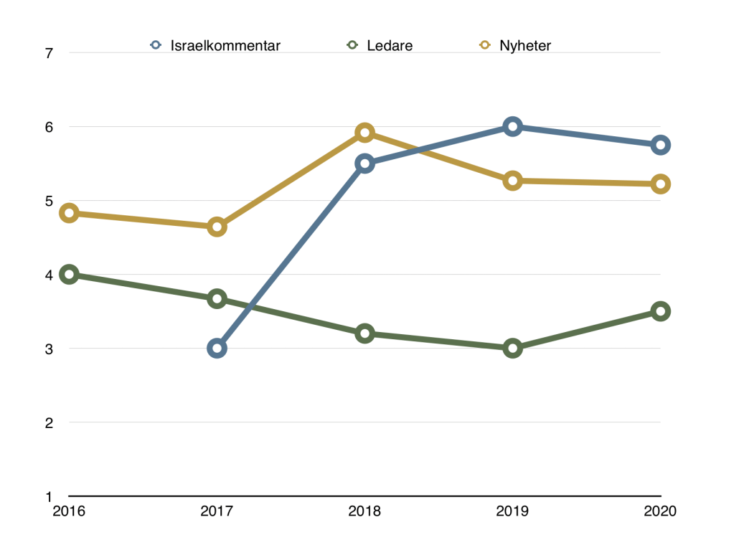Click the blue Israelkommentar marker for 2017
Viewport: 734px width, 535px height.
point(217,349)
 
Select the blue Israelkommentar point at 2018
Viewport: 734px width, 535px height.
point(364,164)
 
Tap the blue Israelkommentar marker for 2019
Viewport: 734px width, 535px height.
point(512,127)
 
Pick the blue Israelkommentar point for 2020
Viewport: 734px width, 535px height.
point(660,145)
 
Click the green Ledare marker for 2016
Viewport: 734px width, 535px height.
point(69,275)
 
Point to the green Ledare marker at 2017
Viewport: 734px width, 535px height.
point(217,299)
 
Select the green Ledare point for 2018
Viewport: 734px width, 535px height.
point(364,333)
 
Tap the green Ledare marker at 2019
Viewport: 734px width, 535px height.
point(512,349)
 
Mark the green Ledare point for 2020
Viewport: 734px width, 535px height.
point(660,311)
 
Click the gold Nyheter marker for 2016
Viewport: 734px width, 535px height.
point(69,213)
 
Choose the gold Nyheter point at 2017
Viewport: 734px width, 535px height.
point(217,227)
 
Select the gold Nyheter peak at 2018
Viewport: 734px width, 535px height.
point(364,133)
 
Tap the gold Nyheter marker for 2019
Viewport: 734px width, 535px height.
point(512,181)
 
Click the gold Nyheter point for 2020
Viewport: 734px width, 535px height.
point(660,184)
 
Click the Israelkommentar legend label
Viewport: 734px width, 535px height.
point(225,45)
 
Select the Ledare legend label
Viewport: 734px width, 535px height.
point(390,45)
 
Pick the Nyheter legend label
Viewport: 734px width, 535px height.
point(525,45)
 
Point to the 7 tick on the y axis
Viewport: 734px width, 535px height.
point(50,53)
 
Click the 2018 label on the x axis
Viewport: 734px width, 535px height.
point(364,511)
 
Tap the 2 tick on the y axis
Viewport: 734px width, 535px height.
point(50,423)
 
